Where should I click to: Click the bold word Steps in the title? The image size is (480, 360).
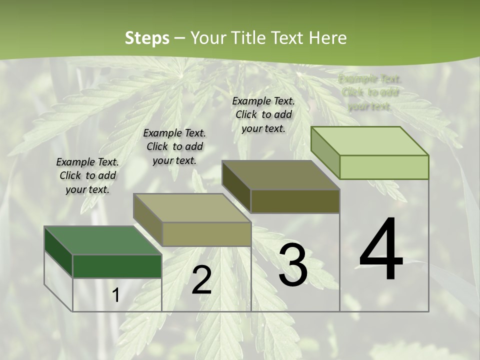click(x=146, y=38)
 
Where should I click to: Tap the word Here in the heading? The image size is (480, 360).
click(x=327, y=38)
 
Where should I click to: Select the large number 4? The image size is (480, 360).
click(x=381, y=250)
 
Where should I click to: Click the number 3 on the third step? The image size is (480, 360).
click(x=293, y=265)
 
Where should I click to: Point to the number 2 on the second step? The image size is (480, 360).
click(x=201, y=280)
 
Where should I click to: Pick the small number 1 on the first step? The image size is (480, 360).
click(x=116, y=295)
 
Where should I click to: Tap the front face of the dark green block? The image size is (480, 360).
click(x=117, y=266)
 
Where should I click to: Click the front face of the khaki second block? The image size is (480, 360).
click(x=206, y=234)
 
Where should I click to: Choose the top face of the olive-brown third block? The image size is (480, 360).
click(x=280, y=175)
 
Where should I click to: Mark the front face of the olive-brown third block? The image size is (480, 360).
click(x=295, y=201)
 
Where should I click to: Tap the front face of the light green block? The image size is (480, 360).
click(x=384, y=167)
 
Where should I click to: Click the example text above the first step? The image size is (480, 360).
click(x=87, y=176)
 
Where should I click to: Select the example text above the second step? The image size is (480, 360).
click(x=174, y=146)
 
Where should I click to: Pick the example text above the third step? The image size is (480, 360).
click(x=263, y=114)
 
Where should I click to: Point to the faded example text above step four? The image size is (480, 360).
click(x=369, y=92)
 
